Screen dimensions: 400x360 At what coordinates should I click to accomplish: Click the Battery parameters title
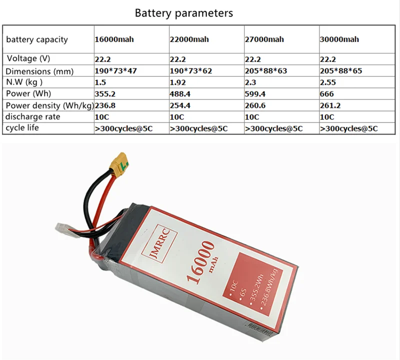[183, 13]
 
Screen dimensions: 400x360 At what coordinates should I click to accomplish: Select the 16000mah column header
[114, 39]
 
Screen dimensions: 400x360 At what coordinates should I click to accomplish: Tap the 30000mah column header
[339, 39]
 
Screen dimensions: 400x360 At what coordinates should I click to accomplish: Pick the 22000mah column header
[189, 39]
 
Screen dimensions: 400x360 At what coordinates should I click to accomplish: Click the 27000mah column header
[264, 39]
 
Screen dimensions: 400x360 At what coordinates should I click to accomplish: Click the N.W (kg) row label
[24, 82]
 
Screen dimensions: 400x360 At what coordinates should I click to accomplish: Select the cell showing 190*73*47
[116, 71]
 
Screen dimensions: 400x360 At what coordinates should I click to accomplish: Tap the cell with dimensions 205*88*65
[341, 71]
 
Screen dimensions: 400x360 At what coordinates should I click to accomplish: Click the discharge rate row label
[33, 116]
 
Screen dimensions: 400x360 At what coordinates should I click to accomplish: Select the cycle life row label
[22, 128]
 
